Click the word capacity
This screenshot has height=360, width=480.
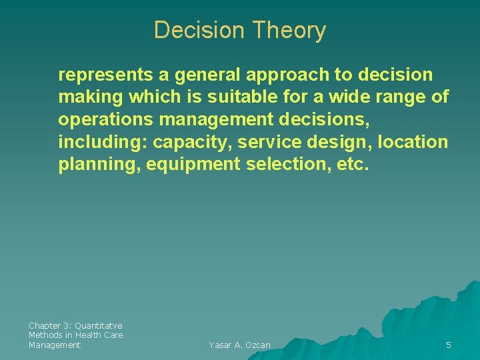point(190,143)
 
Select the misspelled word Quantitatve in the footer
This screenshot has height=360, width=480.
point(99,325)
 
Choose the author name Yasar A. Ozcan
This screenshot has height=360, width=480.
point(239,345)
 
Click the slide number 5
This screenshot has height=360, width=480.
point(449,345)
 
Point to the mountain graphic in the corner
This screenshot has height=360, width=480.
point(440,313)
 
